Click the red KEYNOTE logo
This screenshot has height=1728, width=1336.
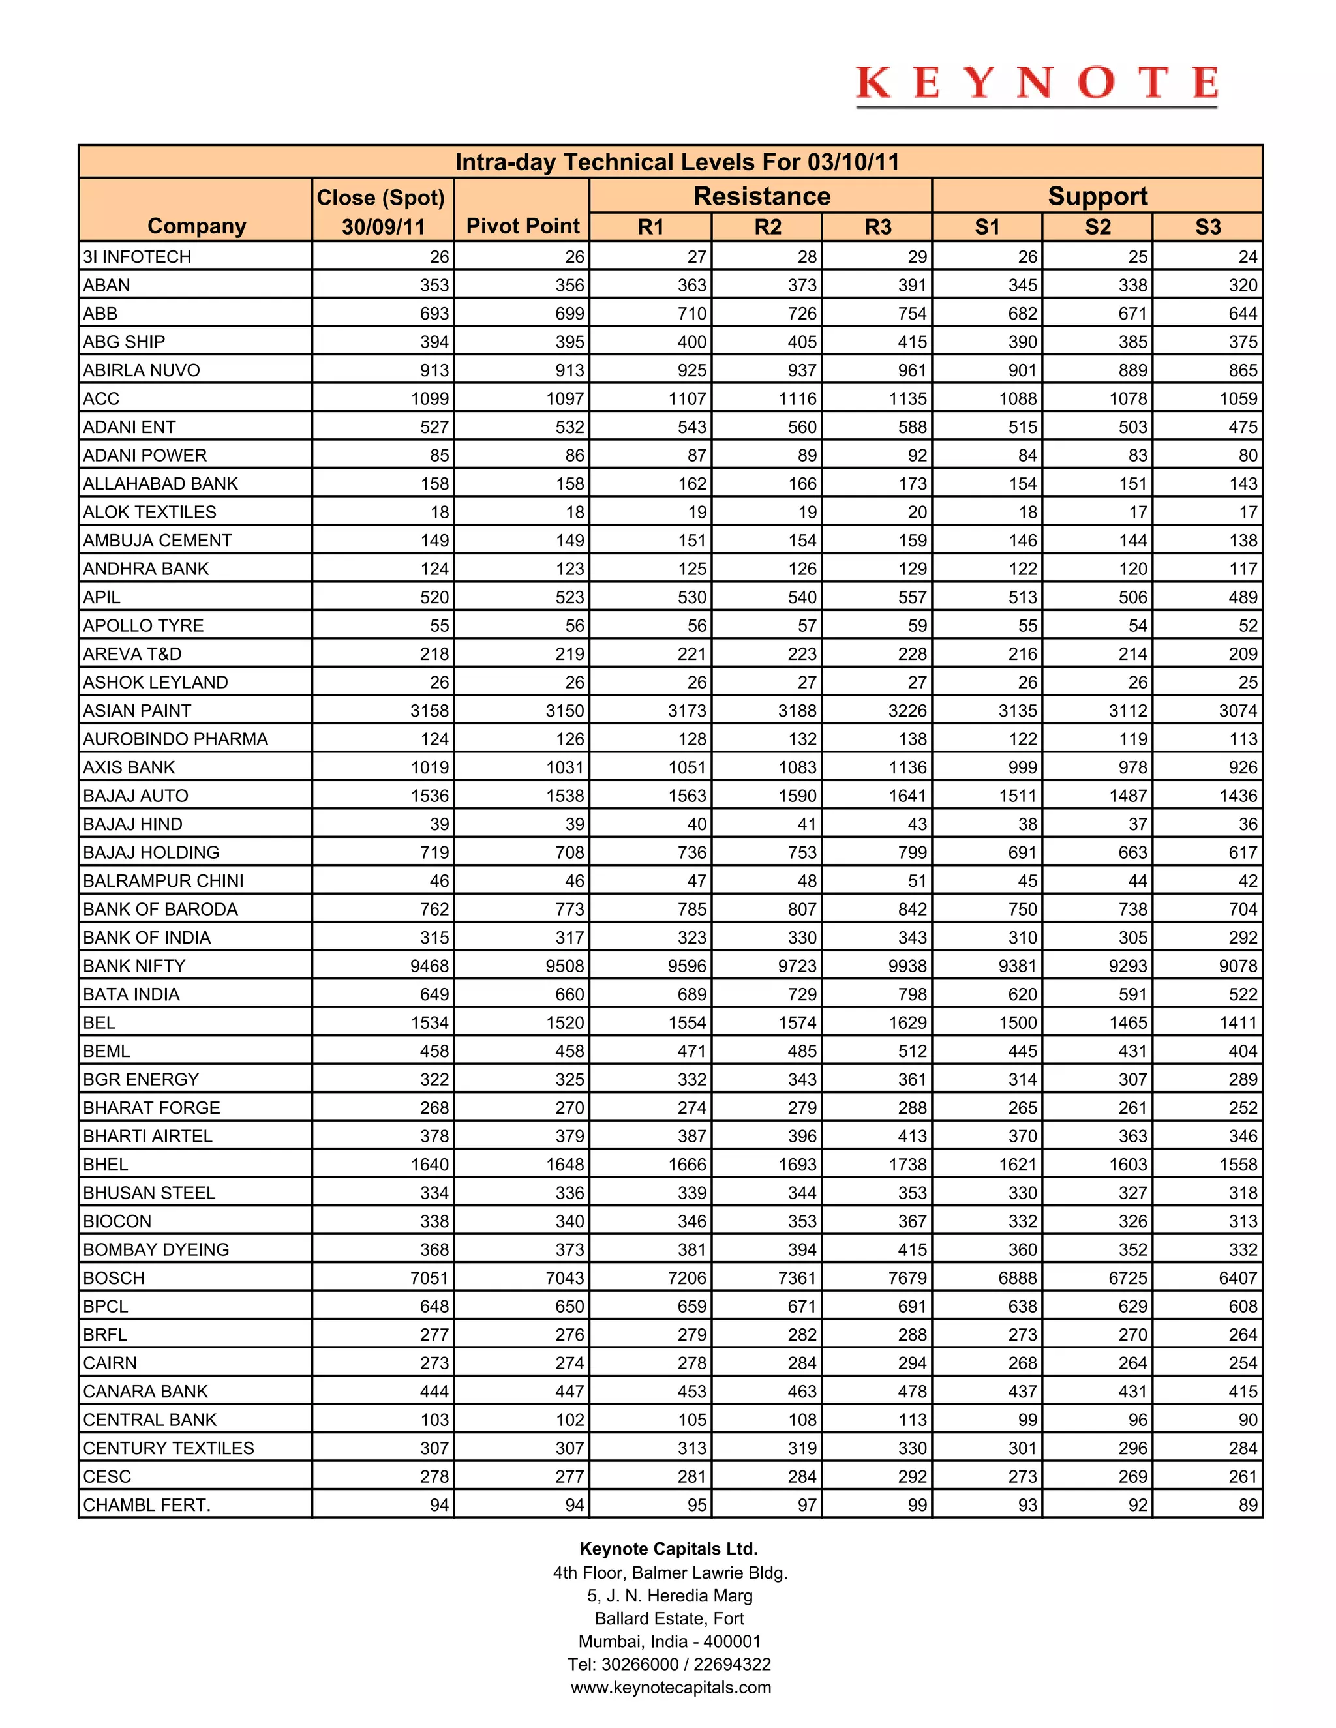[x=1036, y=84]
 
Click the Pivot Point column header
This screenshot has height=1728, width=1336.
[x=523, y=226]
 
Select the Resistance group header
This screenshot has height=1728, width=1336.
[x=761, y=196]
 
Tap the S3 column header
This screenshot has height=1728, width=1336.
[x=1207, y=227]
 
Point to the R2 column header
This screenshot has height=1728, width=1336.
[x=767, y=227]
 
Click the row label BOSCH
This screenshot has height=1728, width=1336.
[x=114, y=1278]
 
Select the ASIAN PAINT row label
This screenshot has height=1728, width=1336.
[x=137, y=711]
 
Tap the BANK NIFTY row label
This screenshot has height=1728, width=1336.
[x=134, y=966]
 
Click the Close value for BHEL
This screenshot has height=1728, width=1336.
[x=429, y=1165]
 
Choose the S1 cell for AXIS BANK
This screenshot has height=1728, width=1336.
[x=1022, y=767]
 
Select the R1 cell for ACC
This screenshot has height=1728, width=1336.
[x=686, y=399]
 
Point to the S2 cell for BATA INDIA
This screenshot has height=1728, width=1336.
[x=1132, y=994]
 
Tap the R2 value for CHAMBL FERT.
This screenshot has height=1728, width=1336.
[x=806, y=1505]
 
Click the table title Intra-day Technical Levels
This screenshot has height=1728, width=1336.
[x=676, y=162]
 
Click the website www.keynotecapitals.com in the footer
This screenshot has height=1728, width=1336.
[x=671, y=1687]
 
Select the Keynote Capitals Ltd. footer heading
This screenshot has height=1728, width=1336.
[x=669, y=1549]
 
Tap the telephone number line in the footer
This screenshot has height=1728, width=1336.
[x=669, y=1664]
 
